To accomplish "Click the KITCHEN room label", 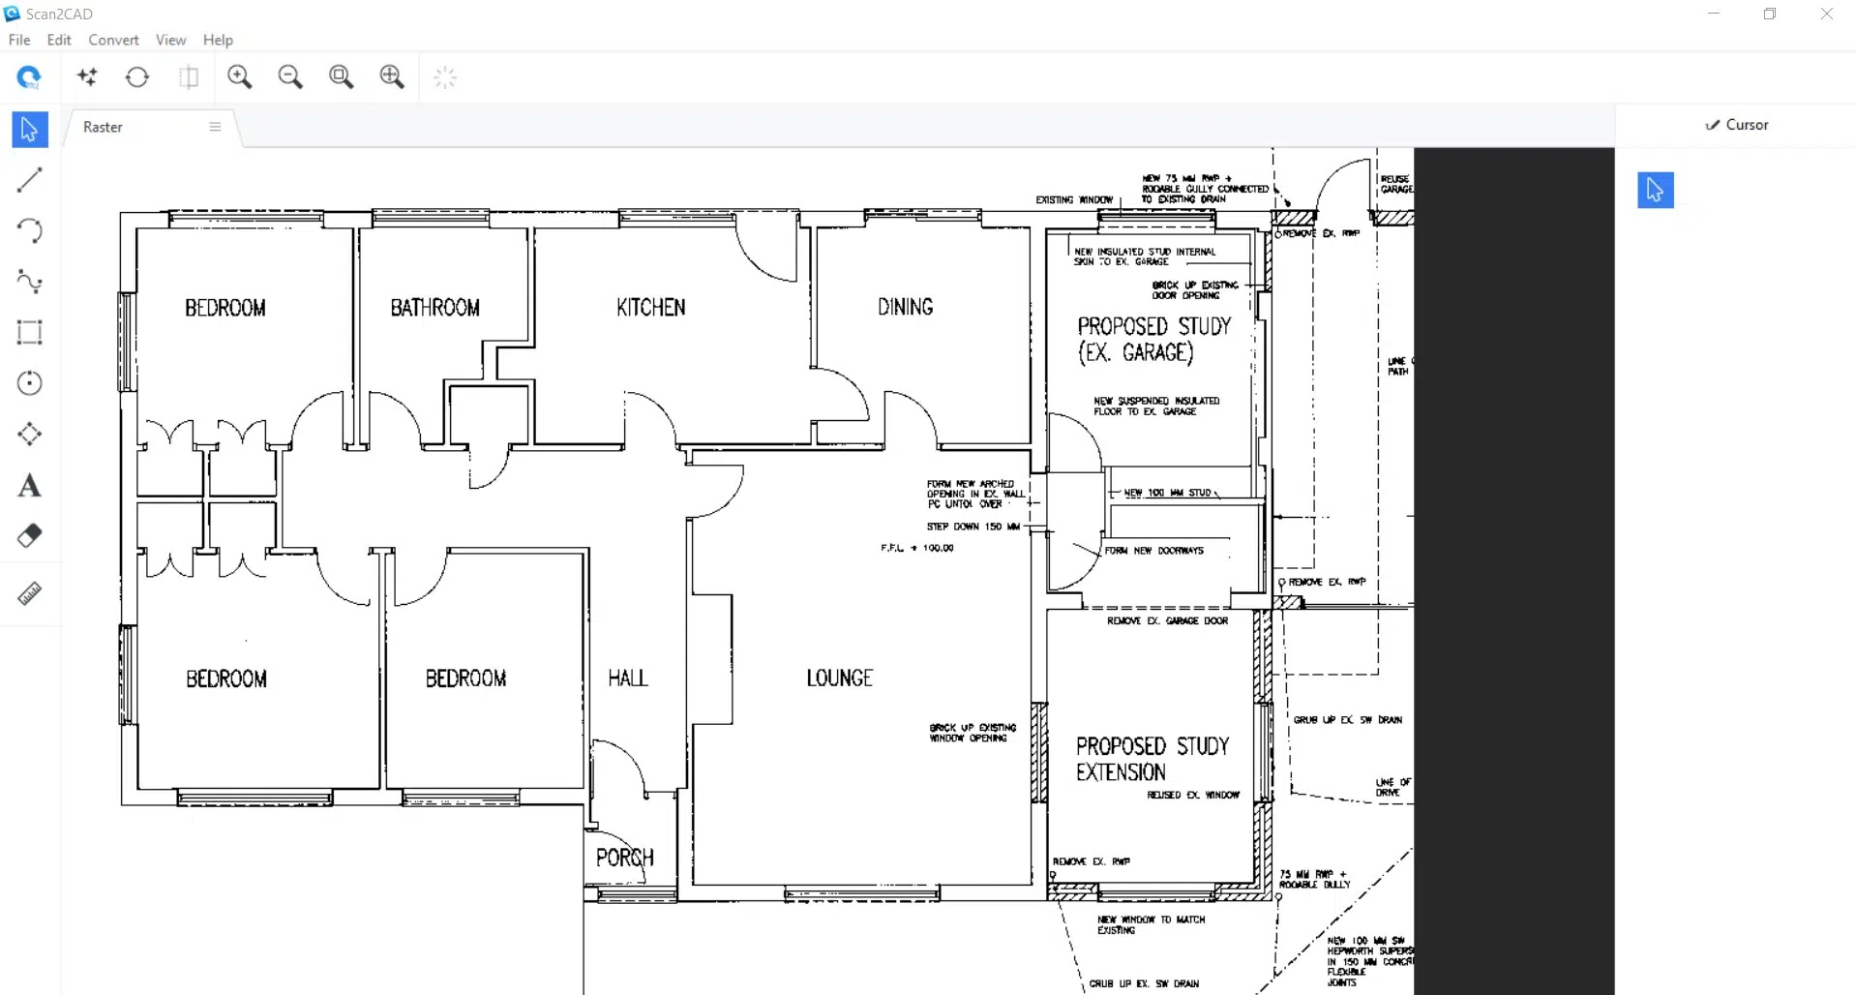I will pos(650,307).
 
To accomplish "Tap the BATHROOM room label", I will pos(434,308).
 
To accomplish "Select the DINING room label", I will pos(905,307).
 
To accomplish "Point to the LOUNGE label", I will pos(839,678).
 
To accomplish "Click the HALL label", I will pos(627,678).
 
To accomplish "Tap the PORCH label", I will pos(624,858).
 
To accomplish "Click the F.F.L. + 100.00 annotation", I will pos(916,548).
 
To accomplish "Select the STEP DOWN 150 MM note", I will pos(973,527).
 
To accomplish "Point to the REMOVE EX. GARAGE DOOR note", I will pos(1167,620).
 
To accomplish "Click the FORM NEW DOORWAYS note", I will pos(1153,551).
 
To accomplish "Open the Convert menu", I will pos(113,40).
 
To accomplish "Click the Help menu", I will pos(218,40).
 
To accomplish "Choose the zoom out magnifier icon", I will pos(290,77).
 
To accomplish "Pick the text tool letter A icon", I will pos(29,485).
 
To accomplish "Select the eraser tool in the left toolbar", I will pos(29,536).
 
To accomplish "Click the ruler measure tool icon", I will pos(29,593).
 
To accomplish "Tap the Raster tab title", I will pos(103,127).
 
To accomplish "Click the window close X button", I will pos(1826,15).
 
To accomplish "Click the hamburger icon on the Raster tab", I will pos(215,127).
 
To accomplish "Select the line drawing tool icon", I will pos(29,179).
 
